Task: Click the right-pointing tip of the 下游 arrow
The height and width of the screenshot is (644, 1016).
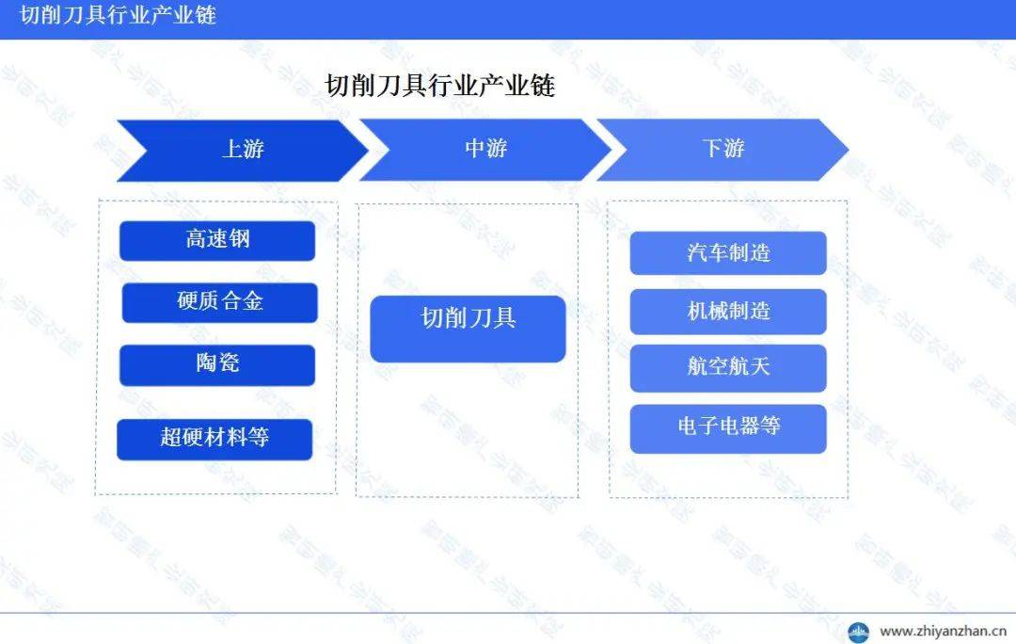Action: click(849, 150)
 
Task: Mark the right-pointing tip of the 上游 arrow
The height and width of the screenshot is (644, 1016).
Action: click(368, 151)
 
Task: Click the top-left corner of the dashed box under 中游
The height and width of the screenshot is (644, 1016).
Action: click(357, 205)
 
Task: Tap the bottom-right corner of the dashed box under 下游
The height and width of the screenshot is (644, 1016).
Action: click(847, 497)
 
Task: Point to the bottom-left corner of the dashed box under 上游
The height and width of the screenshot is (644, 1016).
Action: click(96, 494)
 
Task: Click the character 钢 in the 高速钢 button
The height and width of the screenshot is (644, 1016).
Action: click(239, 238)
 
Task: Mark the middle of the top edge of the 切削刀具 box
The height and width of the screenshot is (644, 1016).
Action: click(468, 296)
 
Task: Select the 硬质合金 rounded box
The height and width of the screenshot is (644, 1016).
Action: click(219, 302)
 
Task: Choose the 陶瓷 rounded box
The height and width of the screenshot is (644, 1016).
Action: click(217, 365)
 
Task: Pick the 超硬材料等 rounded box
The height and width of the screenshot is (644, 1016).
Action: click(214, 440)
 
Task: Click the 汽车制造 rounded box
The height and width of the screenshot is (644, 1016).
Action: click(728, 253)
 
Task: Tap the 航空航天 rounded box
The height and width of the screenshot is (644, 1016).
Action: click(728, 368)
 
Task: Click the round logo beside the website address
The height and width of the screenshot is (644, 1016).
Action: click(859, 632)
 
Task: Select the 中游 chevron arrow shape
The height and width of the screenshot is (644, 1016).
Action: click(485, 150)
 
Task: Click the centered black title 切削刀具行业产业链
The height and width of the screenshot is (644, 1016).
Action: click(440, 86)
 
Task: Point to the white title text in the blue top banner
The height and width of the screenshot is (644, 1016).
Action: click(118, 15)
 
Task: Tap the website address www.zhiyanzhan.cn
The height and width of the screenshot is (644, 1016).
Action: click(943, 631)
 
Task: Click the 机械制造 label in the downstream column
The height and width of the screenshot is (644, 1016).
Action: click(728, 311)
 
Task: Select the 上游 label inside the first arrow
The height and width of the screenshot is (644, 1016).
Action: click(243, 149)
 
